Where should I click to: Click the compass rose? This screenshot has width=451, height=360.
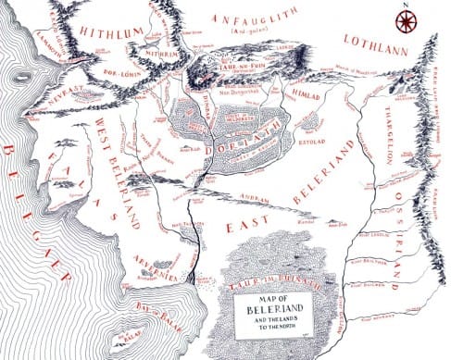coord(403,19)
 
